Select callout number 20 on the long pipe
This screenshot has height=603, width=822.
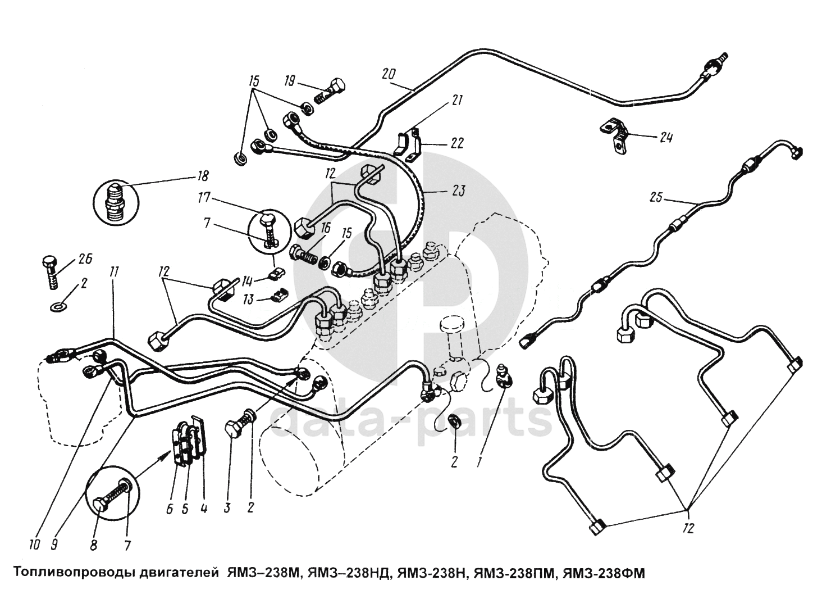click(x=389, y=74)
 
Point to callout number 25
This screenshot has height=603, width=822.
click(x=657, y=198)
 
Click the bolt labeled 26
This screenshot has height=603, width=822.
click(x=50, y=270)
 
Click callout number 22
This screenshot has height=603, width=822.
click(x=456, y=143)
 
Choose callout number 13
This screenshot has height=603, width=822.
click(x=247, y=299)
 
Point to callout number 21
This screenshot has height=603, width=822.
click(x=456, y=101)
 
